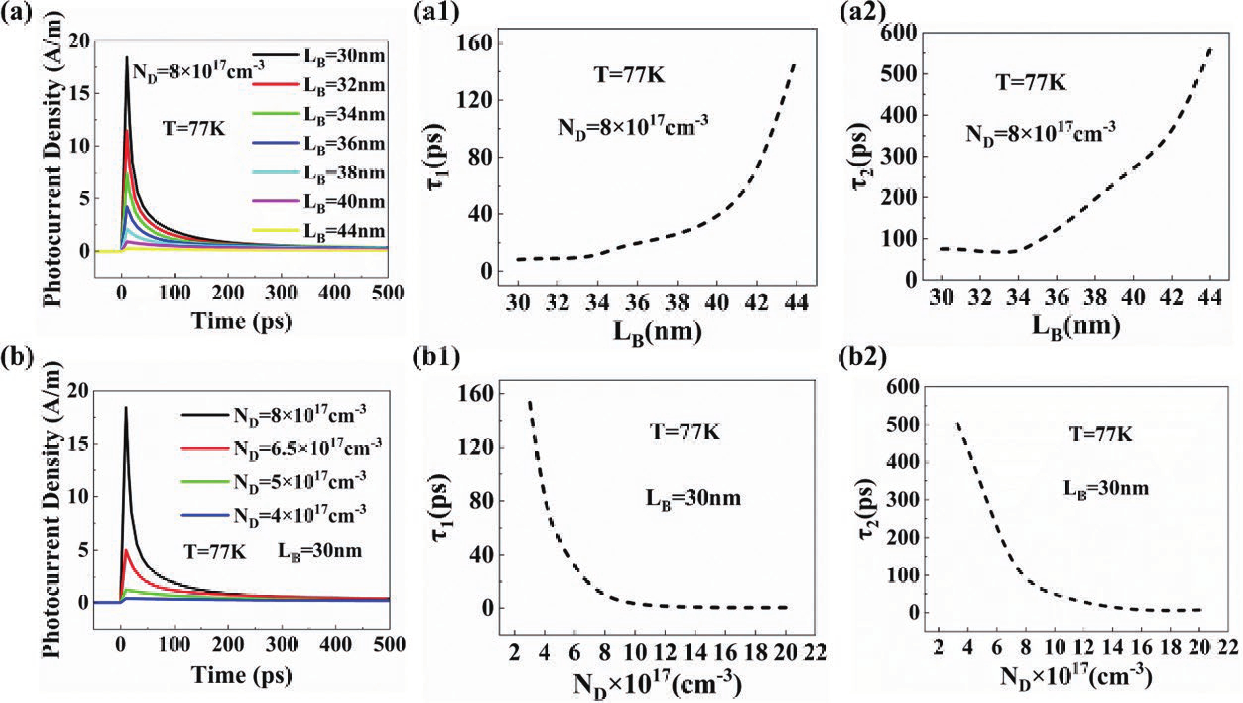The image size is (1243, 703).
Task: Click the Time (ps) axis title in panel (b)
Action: coord(241,675)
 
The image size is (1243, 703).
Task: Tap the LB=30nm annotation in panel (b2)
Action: coord(1106,489)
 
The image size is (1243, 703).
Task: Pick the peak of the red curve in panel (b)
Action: coord(126,550)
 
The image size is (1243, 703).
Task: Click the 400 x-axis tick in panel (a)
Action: coord(335,293)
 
